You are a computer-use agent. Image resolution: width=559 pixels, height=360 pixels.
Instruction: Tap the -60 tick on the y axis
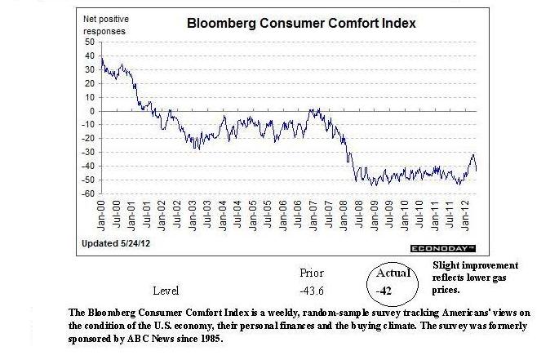[x=88, y=194]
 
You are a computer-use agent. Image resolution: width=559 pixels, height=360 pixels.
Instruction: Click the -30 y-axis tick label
[x=88, y=153]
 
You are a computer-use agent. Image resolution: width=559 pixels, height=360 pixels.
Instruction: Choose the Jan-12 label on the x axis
[x=464, y=215]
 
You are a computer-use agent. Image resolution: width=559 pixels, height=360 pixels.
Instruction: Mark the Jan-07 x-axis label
[x=313, y=215]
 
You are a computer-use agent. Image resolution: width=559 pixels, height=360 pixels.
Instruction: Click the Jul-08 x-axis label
[x=359, y=215]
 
